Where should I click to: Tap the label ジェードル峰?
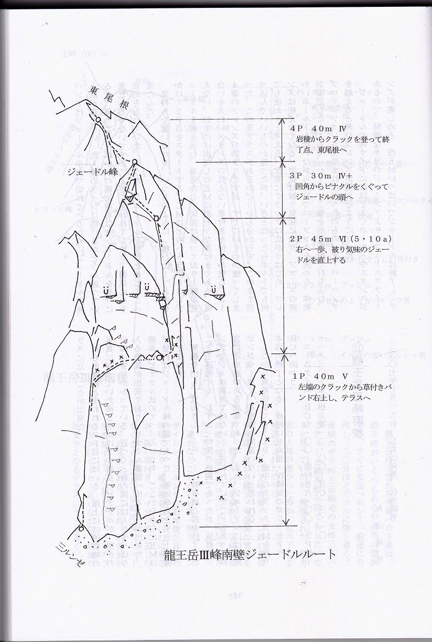(x=99, y=172)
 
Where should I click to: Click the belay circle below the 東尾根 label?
(x=98, y=121)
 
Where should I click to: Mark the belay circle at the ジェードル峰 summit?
(x=134, y=161)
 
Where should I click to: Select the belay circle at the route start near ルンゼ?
(x=82, y=528)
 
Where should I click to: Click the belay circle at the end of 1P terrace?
(x=158, y=358)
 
